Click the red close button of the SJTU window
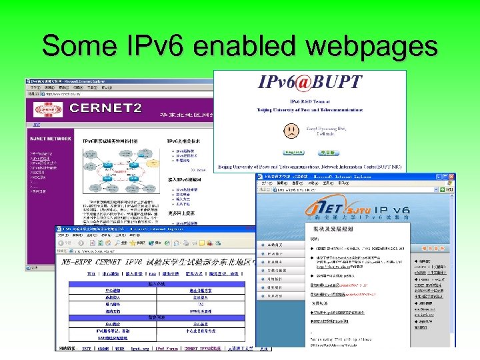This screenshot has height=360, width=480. coord(451,177)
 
